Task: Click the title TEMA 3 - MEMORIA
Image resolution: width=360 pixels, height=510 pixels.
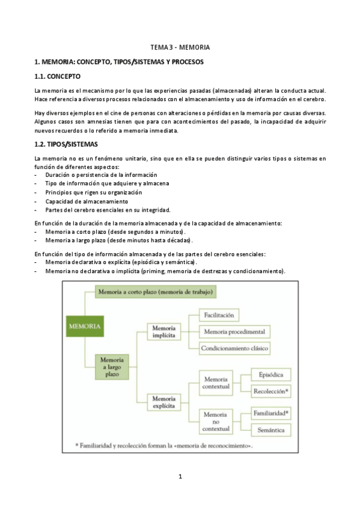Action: pyautogui.click(x=180, y=47)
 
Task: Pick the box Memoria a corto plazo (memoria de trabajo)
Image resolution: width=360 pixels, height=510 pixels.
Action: pyautogui.click(x=155, y=292)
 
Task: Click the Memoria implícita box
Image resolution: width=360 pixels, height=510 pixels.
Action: pyautogui.click(x=163, y=333)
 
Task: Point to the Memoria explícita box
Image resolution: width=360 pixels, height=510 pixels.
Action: pyautogui.click(x=163, y=402)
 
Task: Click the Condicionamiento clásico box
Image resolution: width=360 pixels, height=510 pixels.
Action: pyautogui.click(x=236, y=348)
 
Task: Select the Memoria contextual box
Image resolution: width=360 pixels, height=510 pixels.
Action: pyautogui.click(x=216, y=384)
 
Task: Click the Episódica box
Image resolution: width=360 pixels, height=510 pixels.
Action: pyautogui.click(x=270, y=375)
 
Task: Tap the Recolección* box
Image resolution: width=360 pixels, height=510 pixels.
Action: pyautogui.click(x=270, y=392)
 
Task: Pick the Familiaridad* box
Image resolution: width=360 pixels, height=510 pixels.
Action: pyautogui.click(x=270, y=414)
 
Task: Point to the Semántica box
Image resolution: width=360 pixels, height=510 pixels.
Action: pyautogui.click(x=270, y=429)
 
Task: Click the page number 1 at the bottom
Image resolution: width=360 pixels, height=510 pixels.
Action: pyautogui.click(x=180, y=477)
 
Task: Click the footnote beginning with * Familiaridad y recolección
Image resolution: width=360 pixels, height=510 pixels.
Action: pyautogui.click(x=163, y=446)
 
